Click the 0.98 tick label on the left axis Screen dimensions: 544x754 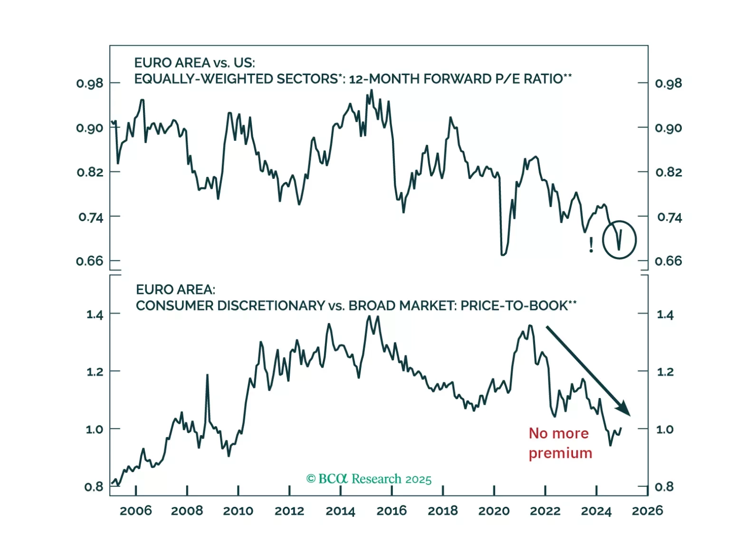click(x=89, y=84)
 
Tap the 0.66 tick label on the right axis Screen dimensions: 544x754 click(x=668, y=261)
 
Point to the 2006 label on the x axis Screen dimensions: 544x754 click(x=136, y=511)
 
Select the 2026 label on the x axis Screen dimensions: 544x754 click(x=647, y=511)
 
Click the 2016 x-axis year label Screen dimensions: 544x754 click(x=391, y=511)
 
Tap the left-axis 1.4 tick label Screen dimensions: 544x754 click(x=95, y=315)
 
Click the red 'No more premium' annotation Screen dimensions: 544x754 click(x=560, y=443)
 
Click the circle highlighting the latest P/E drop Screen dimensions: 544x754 click(x=619, y=240)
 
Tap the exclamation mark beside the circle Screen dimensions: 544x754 click(x=591, y=245)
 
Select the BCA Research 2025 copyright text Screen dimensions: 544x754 click(x=369, y=479)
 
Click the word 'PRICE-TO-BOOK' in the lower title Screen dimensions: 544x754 click(x=514, y=306)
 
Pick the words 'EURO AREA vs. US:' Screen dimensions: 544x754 click(x=194, y=63)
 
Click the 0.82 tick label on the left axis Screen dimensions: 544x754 click(x=90, y=172)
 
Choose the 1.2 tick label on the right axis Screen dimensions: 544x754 click(x=665, y=372)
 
